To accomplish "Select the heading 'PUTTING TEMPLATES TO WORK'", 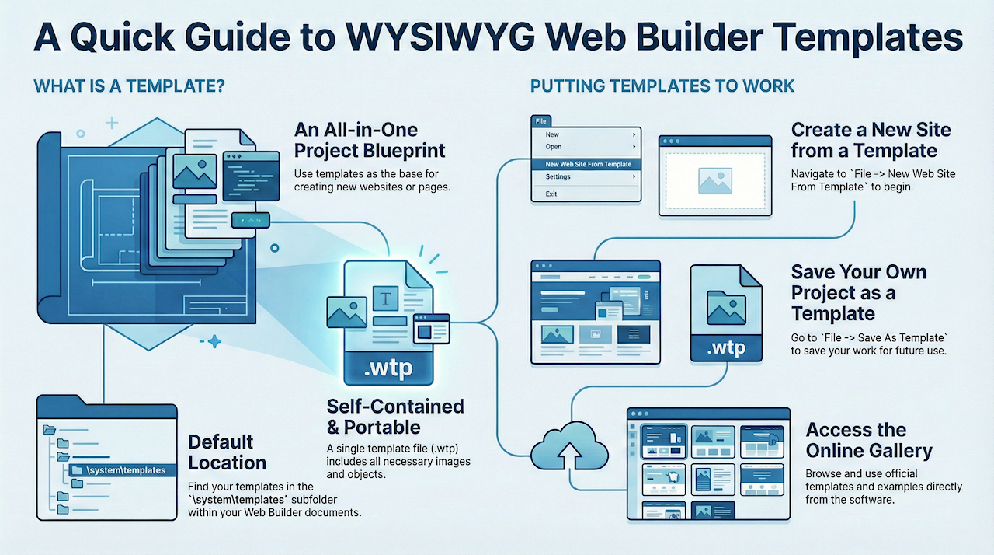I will (x=662, y=86).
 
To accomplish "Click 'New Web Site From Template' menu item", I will (x=588, y=164).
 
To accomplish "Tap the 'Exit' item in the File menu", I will (x=551, y=194).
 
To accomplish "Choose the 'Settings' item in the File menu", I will (x=558, y=177).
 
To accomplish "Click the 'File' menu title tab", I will (x=541, y=121).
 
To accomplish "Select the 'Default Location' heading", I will (x=227, y=452).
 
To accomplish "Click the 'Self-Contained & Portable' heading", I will (x=395, y=417).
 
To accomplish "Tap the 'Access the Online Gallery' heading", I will (x=868, y=440).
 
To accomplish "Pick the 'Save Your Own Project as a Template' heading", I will (x=859, y=293).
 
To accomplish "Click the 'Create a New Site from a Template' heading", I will (x=871, y=140).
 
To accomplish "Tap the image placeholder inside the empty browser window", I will (x=714, y=180).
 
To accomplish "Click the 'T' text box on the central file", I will (x=385, y=296).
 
